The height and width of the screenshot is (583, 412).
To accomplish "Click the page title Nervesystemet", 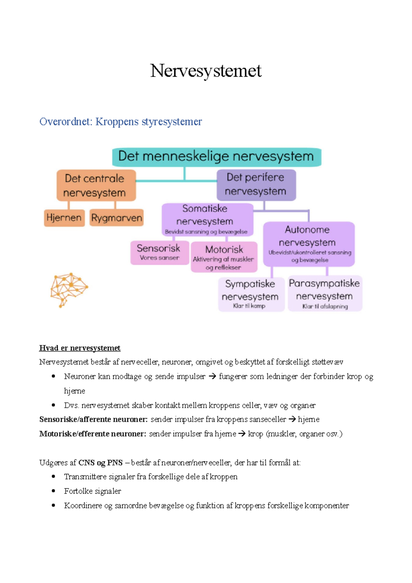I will point(206,71).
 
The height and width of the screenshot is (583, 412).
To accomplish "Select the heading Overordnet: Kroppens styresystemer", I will point(121,122).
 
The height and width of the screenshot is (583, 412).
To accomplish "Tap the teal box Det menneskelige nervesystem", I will point(217,157).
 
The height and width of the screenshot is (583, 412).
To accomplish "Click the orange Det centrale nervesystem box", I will point(96,185).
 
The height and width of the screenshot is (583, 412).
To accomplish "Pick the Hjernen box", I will point(64,218).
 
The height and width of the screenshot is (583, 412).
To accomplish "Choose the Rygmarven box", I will point(116,218).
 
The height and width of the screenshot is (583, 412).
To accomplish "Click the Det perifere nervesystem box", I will point(256,184).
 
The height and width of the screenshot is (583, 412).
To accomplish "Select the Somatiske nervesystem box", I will point(207,219).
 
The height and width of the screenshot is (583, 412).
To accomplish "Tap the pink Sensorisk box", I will point(159,252).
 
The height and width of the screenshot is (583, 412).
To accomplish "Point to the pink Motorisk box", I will point(224,257).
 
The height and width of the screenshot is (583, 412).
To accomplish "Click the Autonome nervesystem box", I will point(308,243).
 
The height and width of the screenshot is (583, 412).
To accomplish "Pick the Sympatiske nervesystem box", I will point(251,294).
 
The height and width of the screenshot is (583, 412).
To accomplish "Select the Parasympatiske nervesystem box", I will point(324,293).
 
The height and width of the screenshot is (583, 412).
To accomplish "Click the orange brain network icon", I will point(69,289).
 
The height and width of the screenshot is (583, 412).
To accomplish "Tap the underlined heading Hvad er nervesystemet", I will point(80,348).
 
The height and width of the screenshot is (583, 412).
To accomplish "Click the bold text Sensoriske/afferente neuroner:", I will point(93,419).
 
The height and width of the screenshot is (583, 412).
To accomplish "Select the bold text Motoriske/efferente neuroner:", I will point(93,434).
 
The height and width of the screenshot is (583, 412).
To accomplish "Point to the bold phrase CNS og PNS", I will point(100,462).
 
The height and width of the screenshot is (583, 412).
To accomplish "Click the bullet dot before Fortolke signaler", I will point(53,491).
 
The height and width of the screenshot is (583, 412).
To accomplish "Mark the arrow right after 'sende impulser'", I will point(212,376).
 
